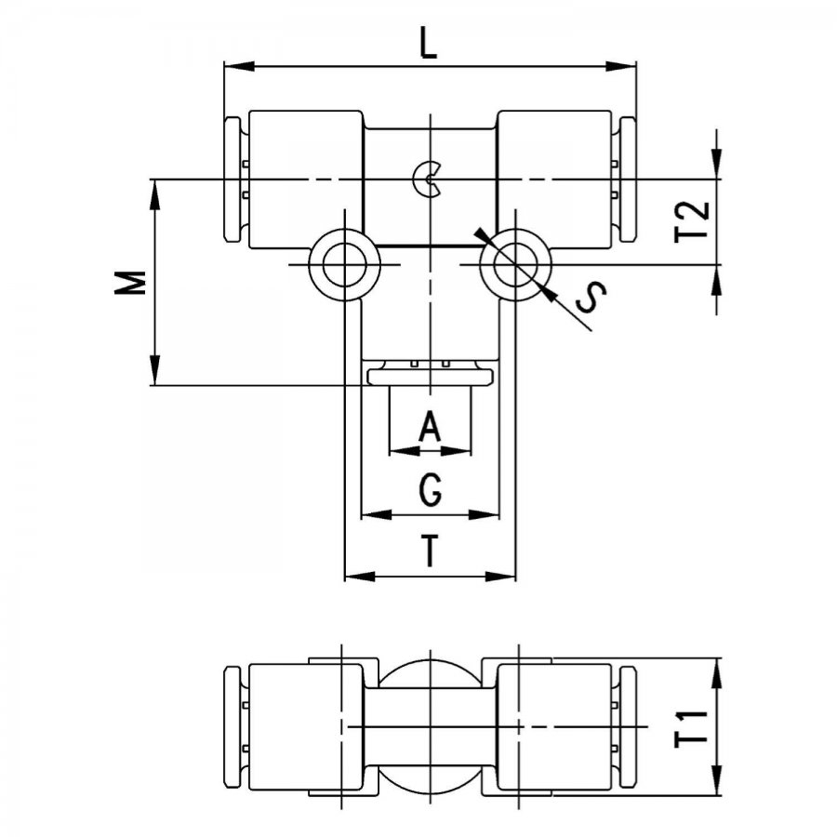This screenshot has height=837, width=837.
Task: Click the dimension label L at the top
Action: [428, 44]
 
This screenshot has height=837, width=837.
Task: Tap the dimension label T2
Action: [692, 221]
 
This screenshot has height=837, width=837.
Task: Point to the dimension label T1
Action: [691, 728]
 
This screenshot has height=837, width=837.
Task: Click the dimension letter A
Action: [430, 426]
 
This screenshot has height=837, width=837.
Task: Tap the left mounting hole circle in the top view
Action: [345, 265]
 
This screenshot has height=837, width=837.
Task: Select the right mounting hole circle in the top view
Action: [515, 265]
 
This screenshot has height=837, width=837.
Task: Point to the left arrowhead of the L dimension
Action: [238, 66]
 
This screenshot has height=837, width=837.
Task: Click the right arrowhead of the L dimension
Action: [622, 66]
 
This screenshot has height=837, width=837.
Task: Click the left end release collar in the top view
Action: [232, 179]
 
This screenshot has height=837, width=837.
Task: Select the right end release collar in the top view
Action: [629, 179]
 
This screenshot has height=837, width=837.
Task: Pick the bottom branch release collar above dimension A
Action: [431, 378]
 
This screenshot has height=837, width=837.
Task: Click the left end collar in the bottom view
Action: [232, 727]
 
